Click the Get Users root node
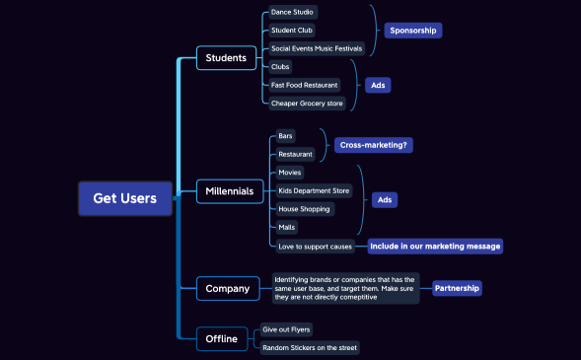124,198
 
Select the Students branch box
226,58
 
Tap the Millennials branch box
229,190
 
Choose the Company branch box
228,288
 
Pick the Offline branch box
221,338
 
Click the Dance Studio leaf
292,12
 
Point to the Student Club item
292,30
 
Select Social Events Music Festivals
317,47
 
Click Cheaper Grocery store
309,103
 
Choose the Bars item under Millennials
285,136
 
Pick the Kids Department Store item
314,190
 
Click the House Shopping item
305,209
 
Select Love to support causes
315,246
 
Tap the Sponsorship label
412,31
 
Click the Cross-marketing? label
373,145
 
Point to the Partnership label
457,288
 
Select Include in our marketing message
435,246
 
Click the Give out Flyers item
287,329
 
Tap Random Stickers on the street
309,347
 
